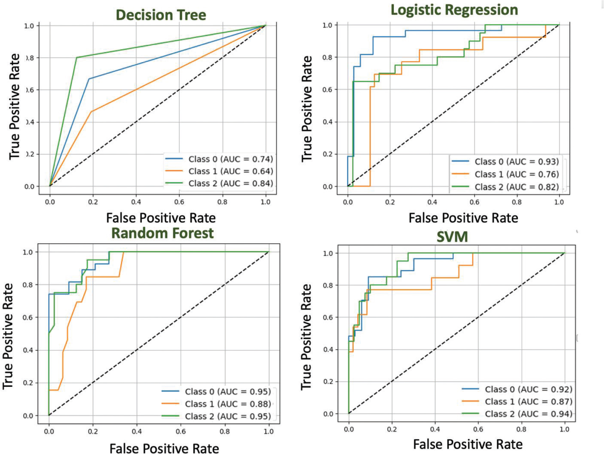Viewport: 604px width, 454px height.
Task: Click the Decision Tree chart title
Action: coord(161,15)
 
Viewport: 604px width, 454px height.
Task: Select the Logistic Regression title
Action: coord(454,10)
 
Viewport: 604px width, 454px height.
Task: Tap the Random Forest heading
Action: coord(162,233)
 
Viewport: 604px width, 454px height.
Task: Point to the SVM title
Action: coord(452,237)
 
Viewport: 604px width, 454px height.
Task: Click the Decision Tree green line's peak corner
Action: coord(77,57)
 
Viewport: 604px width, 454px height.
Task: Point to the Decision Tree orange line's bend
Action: coord(91,112)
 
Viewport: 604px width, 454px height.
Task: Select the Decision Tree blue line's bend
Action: coord(89,79)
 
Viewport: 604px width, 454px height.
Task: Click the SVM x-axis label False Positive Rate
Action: coord(467,444)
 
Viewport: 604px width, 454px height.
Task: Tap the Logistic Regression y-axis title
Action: coord(306,108)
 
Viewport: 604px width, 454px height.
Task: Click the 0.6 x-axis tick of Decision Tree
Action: coord(179,202)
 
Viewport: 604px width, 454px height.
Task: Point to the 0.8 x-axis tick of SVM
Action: coord(521,429)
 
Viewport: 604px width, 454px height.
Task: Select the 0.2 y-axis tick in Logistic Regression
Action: coord(328,154)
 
